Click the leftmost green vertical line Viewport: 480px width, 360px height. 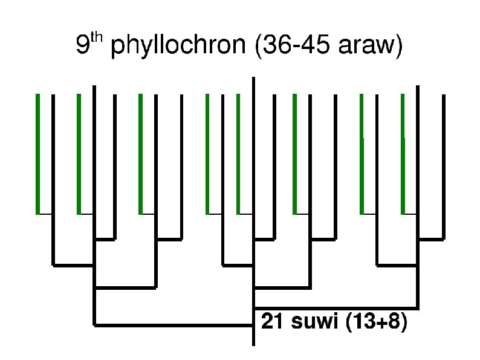click(37, 154)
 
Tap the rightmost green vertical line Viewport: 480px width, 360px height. click(403, 154)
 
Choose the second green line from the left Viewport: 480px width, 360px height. click(79, 154)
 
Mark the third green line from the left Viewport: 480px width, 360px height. click(140, 154)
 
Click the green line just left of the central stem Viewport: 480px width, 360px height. click(238, 154)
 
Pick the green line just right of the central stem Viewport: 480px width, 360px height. click(294, 154)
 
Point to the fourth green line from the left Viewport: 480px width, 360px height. click(207, 154)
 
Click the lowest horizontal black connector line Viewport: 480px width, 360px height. click(174, 326)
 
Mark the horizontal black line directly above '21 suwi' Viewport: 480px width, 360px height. click(336, 307)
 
